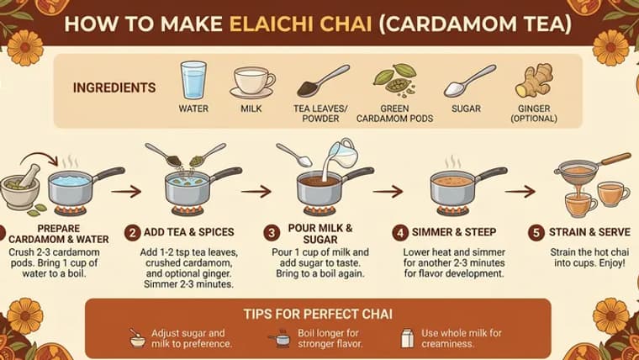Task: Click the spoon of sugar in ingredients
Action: (464, 81)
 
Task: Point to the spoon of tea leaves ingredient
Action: (320, 81)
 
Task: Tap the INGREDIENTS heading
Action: (114, 87)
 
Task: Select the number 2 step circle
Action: (132, 231)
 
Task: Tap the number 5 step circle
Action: (535, 231)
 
